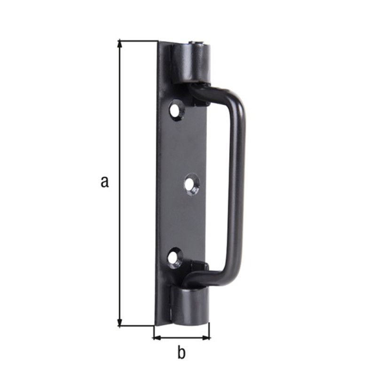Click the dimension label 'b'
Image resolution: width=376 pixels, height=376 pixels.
[x=181, y=352]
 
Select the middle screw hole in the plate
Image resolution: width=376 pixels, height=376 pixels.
[x=192, y=185]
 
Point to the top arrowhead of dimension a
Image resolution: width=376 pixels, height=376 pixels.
[x=119, y=45]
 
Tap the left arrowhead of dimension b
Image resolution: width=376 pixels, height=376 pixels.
[x=157, y=338]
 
